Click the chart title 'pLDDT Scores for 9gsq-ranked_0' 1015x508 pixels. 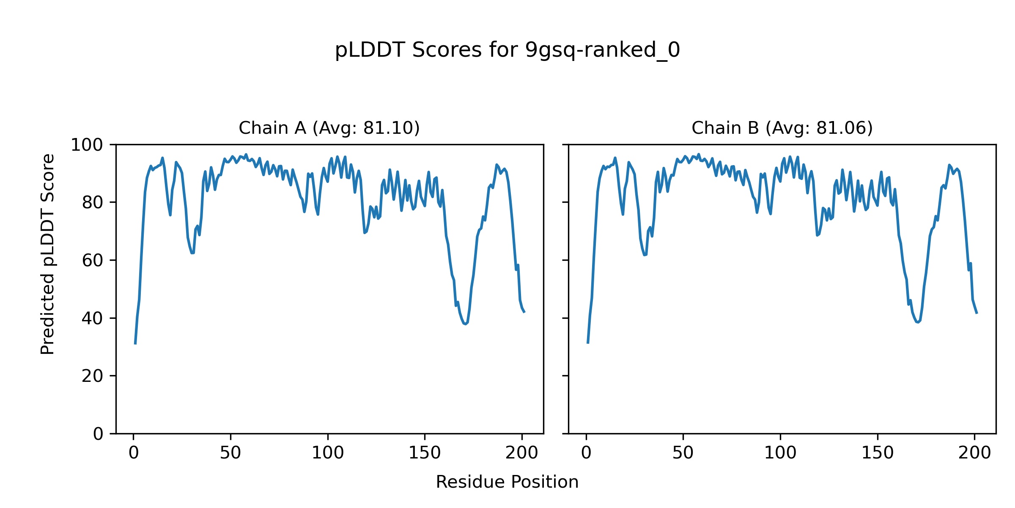507,50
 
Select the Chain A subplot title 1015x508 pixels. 329,128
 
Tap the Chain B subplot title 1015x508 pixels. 782,128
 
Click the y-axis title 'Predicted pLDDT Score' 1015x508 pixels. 48,254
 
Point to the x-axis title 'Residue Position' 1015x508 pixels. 507,482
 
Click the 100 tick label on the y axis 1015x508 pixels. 87,145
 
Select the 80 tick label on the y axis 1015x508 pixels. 93,203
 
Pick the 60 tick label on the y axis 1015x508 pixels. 93,260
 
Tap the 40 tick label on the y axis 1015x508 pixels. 93,318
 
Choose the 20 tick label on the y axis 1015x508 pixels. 93,376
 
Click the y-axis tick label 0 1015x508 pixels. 98,434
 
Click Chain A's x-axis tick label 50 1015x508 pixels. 230,453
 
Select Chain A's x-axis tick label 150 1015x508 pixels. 425,453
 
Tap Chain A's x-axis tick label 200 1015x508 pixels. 522,453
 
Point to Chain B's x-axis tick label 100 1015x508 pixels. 780,453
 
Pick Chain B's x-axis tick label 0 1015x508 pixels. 586,453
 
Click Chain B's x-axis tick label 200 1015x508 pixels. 974,453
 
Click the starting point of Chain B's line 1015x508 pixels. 588,343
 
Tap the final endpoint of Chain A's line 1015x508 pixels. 524,312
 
